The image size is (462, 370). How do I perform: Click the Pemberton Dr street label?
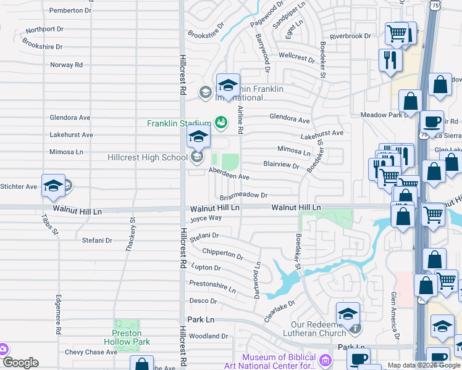point(70,10)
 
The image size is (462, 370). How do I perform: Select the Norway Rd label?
point(67,65)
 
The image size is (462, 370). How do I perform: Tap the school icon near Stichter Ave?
point(54,186)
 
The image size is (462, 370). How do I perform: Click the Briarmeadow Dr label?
point(243,195)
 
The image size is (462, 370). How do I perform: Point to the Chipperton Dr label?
point(222,253)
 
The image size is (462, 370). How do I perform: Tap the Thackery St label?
point(130,235)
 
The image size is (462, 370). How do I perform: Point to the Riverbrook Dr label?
point(350,36)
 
